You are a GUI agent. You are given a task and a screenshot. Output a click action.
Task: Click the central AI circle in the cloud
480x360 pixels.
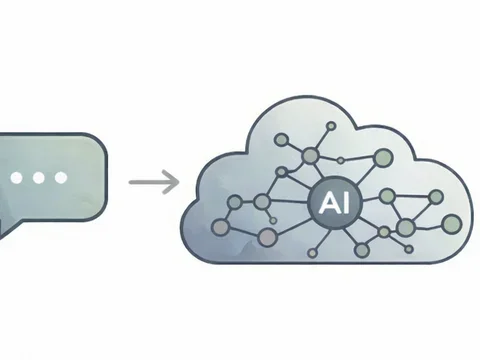329,202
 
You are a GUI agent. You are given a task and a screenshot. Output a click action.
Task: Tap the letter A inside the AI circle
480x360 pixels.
324,202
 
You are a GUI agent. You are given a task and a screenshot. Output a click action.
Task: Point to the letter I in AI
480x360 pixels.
337,202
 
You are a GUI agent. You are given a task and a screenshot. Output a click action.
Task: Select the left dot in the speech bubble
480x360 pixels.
16,178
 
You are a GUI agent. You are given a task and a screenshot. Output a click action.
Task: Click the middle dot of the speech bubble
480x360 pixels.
38,178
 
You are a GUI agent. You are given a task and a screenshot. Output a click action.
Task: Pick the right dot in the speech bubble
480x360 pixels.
60,178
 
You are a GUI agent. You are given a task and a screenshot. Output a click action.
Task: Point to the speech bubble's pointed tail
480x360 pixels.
5,228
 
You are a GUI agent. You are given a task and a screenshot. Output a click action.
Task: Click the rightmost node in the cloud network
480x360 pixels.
451,222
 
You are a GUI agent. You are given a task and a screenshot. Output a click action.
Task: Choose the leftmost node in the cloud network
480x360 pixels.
234,203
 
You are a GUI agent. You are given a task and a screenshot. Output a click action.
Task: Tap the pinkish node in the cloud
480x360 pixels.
267,237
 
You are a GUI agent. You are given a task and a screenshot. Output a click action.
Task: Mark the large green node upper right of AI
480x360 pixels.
381,157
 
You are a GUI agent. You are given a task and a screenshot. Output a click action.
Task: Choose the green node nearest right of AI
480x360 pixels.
388,196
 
